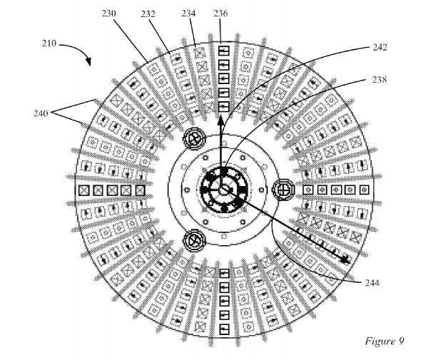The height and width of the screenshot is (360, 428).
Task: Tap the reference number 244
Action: click(370, 282)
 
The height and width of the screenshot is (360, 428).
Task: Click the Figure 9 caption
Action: click(384, 340)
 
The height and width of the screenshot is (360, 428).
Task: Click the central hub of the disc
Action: click(223, 190)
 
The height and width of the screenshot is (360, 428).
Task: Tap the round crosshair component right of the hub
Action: click(283, 190)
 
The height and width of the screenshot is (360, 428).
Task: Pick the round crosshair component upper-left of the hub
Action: click(193, 138)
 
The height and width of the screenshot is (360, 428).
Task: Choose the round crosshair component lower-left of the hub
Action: click(193, 241)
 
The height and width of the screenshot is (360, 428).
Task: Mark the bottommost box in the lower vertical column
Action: click(223, 327)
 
